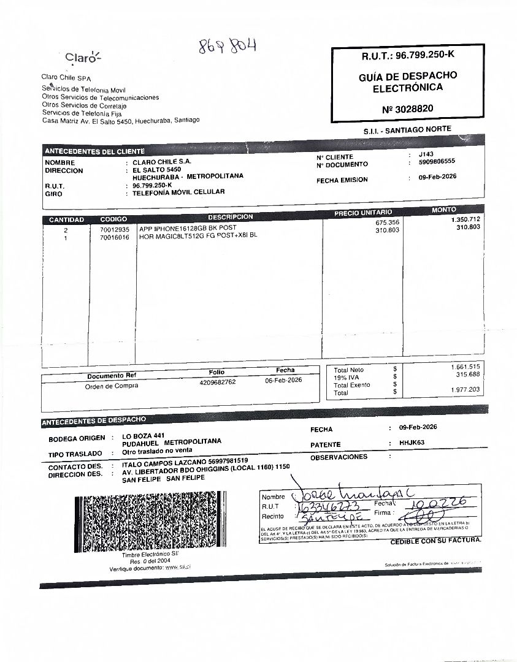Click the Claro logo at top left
(x=83, y=58)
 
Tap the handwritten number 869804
(x=227, y=46)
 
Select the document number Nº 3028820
(x=407, y=108)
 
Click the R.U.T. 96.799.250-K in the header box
(x=407, y=55)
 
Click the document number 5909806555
(x=437, y=163)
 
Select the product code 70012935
(x=115, y=229)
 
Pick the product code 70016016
(x=115, y=237)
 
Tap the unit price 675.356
(x=387, y=223)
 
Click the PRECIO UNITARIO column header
(x=362, y=212)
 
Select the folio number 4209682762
(x=217, y=382)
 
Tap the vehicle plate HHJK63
(x=412, y=443)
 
